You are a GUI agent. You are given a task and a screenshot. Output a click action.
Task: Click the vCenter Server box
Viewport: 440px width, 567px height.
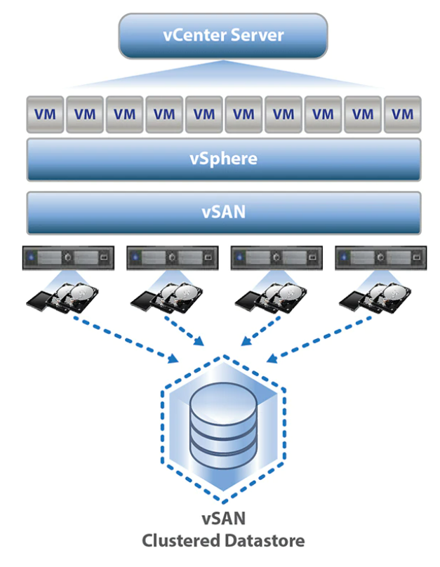[223, 36]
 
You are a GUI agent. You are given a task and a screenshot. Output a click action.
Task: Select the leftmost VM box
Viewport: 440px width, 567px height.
[45, 114]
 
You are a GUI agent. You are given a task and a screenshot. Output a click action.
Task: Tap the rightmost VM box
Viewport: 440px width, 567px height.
[402, 114]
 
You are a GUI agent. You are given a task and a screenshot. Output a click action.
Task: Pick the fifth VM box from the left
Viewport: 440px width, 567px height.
[204, 114]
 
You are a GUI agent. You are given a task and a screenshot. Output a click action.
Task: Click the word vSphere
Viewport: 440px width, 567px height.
[223, 159]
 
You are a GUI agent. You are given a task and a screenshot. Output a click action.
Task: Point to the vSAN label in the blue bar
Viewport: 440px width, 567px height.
[223, 212]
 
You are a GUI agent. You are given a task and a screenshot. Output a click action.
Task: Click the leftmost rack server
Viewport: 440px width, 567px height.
[68, 258]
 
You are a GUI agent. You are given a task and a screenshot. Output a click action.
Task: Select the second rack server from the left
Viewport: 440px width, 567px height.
[173, 258]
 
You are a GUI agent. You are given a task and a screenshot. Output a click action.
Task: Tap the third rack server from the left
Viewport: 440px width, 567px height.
[276, 258]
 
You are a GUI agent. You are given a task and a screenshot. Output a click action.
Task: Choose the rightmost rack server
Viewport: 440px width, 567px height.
[381, 258]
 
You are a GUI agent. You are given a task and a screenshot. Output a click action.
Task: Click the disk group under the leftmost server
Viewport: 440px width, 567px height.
[62, 298]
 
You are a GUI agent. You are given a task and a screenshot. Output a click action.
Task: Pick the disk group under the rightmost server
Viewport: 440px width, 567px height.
[375, 298]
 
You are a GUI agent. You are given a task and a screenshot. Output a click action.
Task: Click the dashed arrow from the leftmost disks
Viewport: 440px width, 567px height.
[126, 339]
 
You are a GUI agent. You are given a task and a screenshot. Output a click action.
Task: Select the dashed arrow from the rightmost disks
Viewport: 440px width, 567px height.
[319, 339]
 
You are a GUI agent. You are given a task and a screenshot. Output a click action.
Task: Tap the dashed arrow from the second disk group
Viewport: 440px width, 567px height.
[185, 331]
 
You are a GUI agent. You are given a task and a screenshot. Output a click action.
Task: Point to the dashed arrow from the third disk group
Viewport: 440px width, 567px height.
[261, 331]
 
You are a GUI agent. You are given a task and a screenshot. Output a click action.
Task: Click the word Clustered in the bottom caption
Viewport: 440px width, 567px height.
[181, 541]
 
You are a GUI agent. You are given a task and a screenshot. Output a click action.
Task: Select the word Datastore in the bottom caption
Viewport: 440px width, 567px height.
[265, 541]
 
